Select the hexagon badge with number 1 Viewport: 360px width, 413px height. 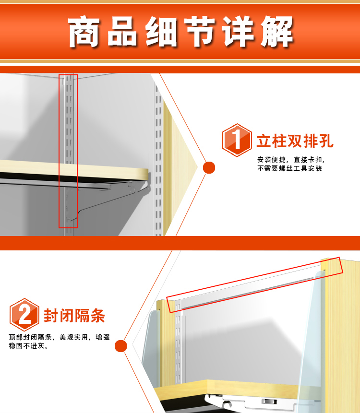[x=237, y=140]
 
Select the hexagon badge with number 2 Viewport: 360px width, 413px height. [x=24, y=315]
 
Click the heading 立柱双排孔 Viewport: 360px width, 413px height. [x=295, y=141]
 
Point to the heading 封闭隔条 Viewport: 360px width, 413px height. [x=74, y=316]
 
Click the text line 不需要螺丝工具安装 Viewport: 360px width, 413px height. [x=289, y=168]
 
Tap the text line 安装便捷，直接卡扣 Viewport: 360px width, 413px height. [x=291, y=160]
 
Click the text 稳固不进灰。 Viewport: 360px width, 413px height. [x=29, y=346]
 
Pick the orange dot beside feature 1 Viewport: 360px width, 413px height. [x=209, y=167]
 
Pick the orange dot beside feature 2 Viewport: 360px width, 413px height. [x=120, y=346]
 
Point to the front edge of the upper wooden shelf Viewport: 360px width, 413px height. [x=74, y=169]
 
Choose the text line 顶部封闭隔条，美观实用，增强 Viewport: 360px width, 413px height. [x=60, y=337]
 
